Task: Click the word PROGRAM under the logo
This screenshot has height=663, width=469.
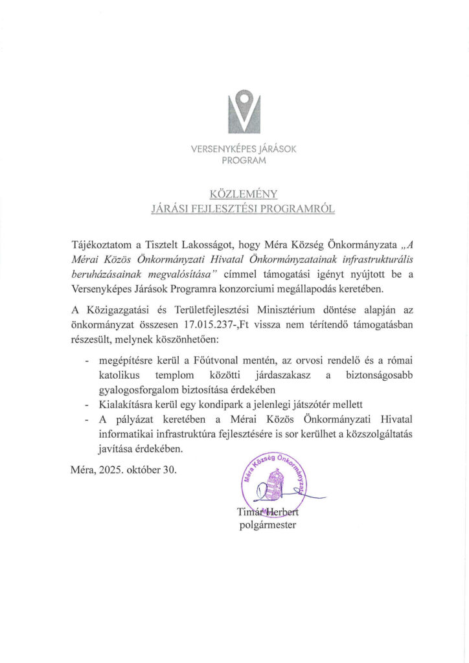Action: point(244,161)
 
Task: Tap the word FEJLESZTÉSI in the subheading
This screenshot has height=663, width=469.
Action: point(218,209)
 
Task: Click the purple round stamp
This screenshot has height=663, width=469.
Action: point(273,481)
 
